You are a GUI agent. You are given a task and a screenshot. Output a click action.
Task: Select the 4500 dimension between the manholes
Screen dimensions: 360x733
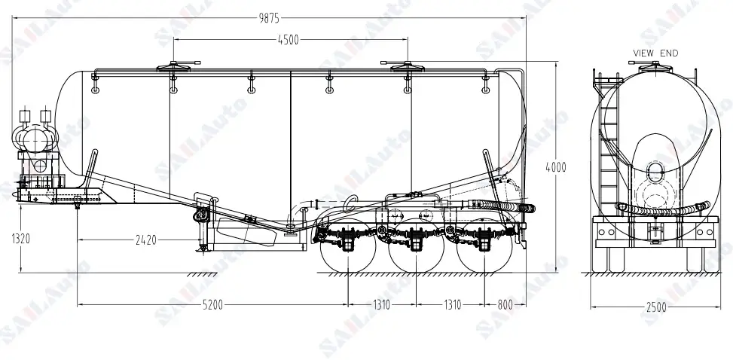tap(291, 40)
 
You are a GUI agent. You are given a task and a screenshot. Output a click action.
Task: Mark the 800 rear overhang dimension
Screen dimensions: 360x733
tap(505, 305)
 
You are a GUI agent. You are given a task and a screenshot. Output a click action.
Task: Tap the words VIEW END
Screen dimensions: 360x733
tap(655, 53)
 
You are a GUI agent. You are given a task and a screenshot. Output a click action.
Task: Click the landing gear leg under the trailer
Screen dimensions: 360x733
tap(201, 233)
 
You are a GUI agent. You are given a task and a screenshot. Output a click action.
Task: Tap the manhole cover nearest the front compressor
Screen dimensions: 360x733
tap(174, 67)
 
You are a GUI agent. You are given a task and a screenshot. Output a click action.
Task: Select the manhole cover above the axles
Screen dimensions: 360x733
tap(408, 66)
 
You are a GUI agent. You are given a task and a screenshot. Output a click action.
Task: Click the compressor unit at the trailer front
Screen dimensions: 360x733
tap(34, 139)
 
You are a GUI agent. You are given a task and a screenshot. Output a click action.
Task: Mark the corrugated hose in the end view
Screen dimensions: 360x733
tap(662, 209)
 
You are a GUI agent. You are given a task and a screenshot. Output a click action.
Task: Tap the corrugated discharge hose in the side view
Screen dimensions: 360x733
tap(501, 206)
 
